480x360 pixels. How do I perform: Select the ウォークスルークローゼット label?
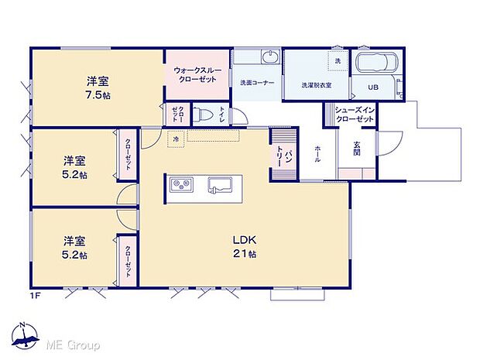click(x=197, y=75)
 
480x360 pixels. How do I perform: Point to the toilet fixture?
click(x=204, y=114)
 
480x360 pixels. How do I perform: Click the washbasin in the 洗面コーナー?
click(x=268, y=59)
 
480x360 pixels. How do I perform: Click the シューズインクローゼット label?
click(x=355, y=115)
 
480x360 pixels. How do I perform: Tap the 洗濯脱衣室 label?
click(x=317, y=85)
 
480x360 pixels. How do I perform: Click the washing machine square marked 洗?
click(x=338, y=60)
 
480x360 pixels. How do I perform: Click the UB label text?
click(x=373, y=87)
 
